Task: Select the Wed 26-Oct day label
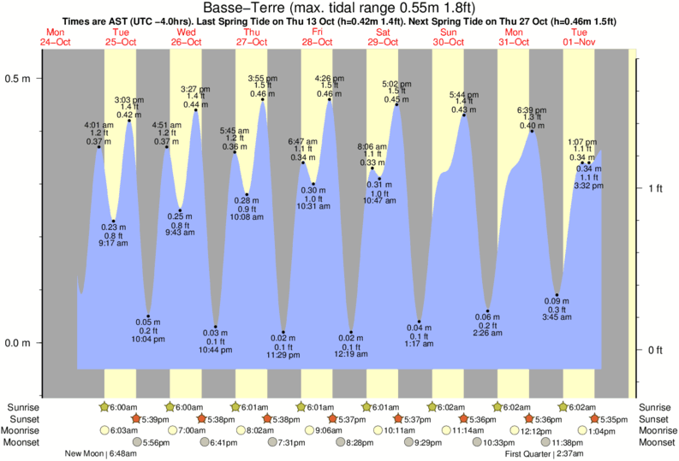(x=186, y=37)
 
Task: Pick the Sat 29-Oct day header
(x=383, y=37)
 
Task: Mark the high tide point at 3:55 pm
(x=263, y=100)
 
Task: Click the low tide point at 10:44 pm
(x=216, y=328)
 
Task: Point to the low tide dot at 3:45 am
(x=557, y=295)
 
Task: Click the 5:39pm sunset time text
(x=154, y=419)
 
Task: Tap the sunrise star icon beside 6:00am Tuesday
(x=104, y=407)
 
